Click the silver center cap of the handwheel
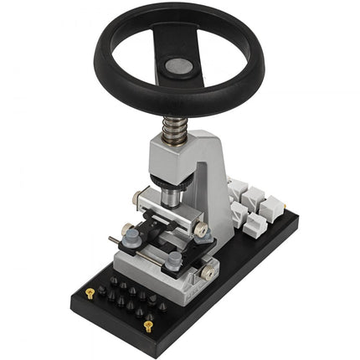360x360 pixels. (x=177, y=65)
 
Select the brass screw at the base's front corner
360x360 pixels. (x=148, y=325)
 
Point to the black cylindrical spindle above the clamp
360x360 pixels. (x=171, y=195)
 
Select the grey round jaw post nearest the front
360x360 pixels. (x=172, y=261)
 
